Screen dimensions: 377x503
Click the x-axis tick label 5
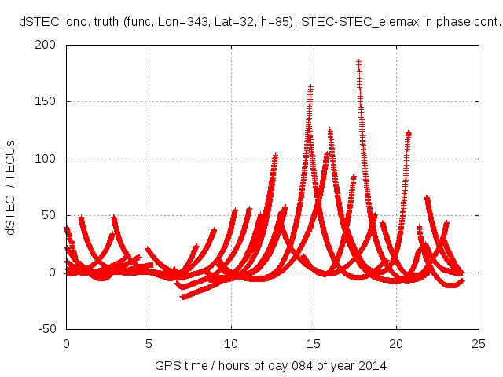149,343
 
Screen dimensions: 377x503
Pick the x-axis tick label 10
231,343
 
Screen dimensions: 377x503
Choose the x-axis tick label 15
314,343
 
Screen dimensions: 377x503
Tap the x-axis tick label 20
396,343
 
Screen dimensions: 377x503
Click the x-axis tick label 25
479,343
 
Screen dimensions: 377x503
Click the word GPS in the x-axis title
167,365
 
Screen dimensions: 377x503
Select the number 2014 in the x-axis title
373,365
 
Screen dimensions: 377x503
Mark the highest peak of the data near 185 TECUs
358,62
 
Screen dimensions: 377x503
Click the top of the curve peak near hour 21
409,134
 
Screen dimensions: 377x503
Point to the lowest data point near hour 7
183,297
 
